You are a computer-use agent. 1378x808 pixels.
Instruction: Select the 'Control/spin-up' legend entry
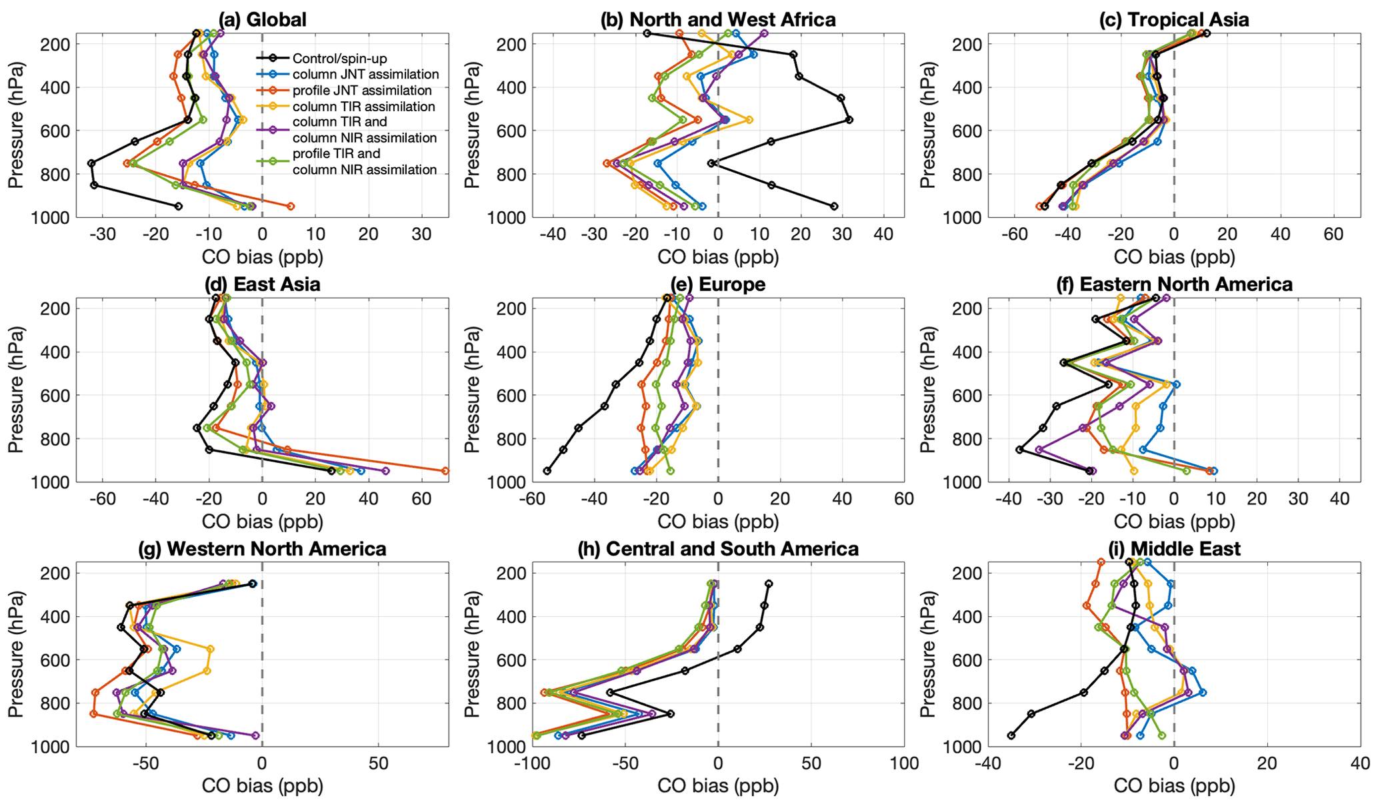point(339,59)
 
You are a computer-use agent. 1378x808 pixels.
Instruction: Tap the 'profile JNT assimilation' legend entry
point(362,91)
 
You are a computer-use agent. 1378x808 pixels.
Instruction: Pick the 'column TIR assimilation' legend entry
point(363,107)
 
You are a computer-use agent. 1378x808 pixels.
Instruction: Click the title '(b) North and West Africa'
point(718,19)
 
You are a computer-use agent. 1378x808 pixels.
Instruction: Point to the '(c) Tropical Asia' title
point(1173,19)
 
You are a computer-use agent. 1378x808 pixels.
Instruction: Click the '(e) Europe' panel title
point(718,284)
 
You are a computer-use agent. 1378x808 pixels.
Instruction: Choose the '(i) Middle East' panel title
point(1173,549)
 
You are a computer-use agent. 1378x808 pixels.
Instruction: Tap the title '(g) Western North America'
point(262,549)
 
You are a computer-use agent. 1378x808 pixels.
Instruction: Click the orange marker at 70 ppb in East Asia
point(445,471)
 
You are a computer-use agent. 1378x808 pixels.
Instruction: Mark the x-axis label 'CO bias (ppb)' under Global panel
point(262,257)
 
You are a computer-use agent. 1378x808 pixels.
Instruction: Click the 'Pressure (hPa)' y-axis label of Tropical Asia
point(927,126)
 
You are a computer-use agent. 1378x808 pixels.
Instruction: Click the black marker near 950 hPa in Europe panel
point(547,471)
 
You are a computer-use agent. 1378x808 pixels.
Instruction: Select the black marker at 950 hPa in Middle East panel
point(1011,735)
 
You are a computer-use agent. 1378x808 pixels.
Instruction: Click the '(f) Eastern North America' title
point(1173,284)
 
